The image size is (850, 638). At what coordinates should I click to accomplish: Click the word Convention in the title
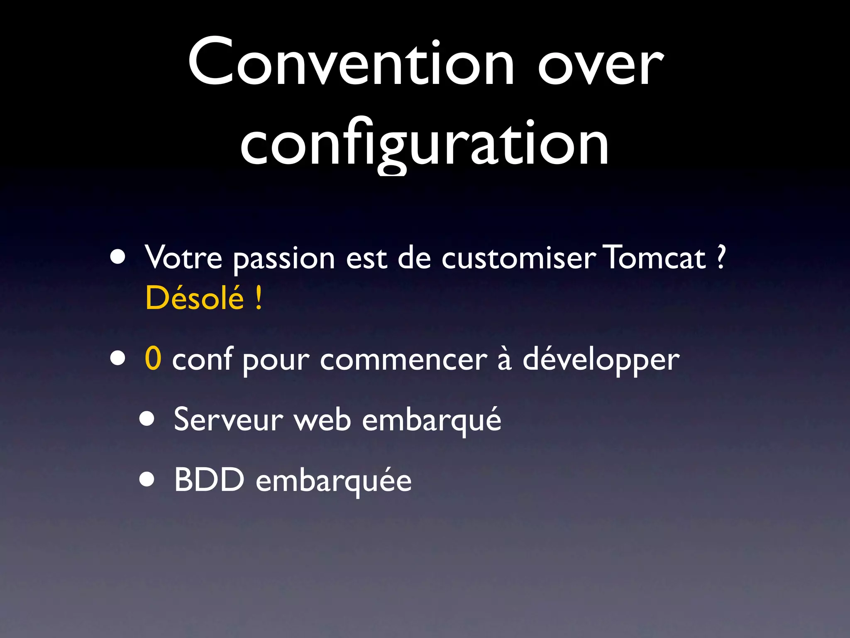[x=351, y=62]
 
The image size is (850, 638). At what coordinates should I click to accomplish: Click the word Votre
[x=183, y=258]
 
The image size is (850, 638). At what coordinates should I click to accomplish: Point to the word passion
[x=284, y=260]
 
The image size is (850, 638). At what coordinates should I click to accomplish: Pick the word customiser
[x=519, y=258]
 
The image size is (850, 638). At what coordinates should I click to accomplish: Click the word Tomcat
[x=655, y=258]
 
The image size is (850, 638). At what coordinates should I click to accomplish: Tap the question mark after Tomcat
[x=721, y=258]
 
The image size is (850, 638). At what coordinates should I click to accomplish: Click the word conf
[x=202, y=359]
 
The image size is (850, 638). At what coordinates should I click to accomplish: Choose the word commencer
[x=403, y=360]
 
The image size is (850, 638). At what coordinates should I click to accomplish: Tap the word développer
[x=601, y=360]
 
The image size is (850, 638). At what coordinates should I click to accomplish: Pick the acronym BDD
[x=209, y=480]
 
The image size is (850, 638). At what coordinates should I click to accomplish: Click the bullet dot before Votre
[x=118, y=258]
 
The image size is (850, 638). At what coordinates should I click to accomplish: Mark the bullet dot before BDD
[x=147, y=480]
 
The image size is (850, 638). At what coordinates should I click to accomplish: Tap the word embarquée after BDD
[x=334, y=481]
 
